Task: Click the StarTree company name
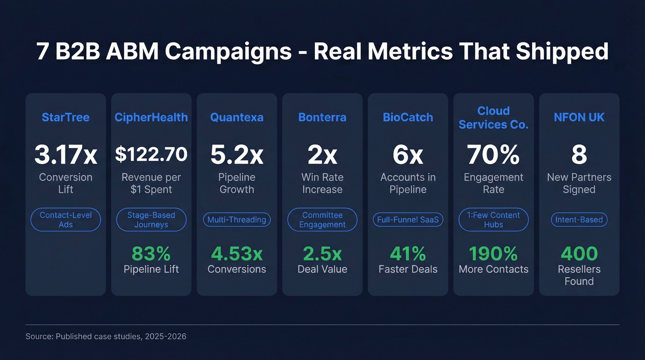click(x=65, y=117)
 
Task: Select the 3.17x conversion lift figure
click(x=65, y=155)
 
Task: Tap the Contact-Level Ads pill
click(x=65, y=220)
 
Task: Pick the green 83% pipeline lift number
click(x=151, y=254)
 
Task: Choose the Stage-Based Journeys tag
click(x=151, y=220)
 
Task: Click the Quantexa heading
click(x=237, y=117)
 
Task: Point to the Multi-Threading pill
click(x=237, y=220)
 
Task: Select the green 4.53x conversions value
click(x=237, y=254)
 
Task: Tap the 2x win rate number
click(x=322, y=155)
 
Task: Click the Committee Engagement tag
click(x=322, y=220)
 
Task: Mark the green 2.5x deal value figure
click(x=322, y=254)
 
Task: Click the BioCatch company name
click(x=408, y=117)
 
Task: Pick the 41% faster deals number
click(x=408, y=254)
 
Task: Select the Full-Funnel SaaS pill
click(x=408, y=220)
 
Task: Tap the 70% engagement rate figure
click(x=493, y=155)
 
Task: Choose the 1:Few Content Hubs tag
click(x=493, y=220)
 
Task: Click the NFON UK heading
click(x=579, y=117)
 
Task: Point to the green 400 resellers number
click(x=579, y=254)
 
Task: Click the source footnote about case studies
click(x=106, y=336)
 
